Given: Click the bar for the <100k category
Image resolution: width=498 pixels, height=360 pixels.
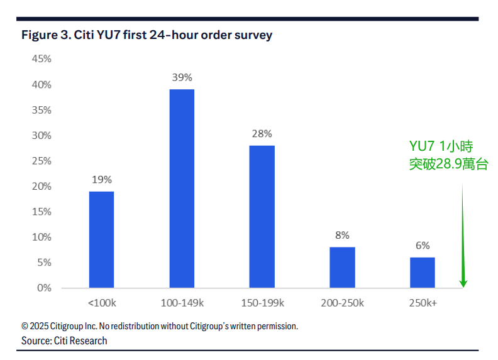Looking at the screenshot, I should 101,239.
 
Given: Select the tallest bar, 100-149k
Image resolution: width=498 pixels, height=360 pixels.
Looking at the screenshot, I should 182,188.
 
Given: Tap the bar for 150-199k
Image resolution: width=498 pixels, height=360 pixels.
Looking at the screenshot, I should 262,217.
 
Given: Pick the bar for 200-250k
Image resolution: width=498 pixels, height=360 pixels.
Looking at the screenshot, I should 342,267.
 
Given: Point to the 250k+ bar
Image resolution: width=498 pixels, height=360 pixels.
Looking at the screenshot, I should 422,272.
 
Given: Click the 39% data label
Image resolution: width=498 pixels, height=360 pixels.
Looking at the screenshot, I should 182,77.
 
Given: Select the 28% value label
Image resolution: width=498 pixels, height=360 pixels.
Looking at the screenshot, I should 262,133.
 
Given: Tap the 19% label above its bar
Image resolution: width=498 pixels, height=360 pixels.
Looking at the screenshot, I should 101,180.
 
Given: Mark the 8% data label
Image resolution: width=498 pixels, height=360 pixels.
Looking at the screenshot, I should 342,235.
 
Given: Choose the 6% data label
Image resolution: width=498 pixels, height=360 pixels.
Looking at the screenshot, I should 422,246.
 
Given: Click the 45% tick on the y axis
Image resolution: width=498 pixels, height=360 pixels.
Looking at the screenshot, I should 41,59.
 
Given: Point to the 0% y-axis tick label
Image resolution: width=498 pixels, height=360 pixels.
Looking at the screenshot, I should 44,288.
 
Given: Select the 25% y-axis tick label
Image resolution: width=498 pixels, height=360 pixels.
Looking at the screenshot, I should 41,161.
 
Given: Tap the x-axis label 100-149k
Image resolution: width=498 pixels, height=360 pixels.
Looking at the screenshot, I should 182,303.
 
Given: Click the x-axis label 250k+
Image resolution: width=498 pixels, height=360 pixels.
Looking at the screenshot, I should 422,303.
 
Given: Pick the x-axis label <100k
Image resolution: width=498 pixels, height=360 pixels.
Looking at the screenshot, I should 101,303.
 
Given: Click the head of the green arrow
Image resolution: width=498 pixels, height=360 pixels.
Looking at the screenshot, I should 463,283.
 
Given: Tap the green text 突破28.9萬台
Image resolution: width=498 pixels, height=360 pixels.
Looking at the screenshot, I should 448,165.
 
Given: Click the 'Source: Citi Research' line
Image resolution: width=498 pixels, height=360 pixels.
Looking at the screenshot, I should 64,341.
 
